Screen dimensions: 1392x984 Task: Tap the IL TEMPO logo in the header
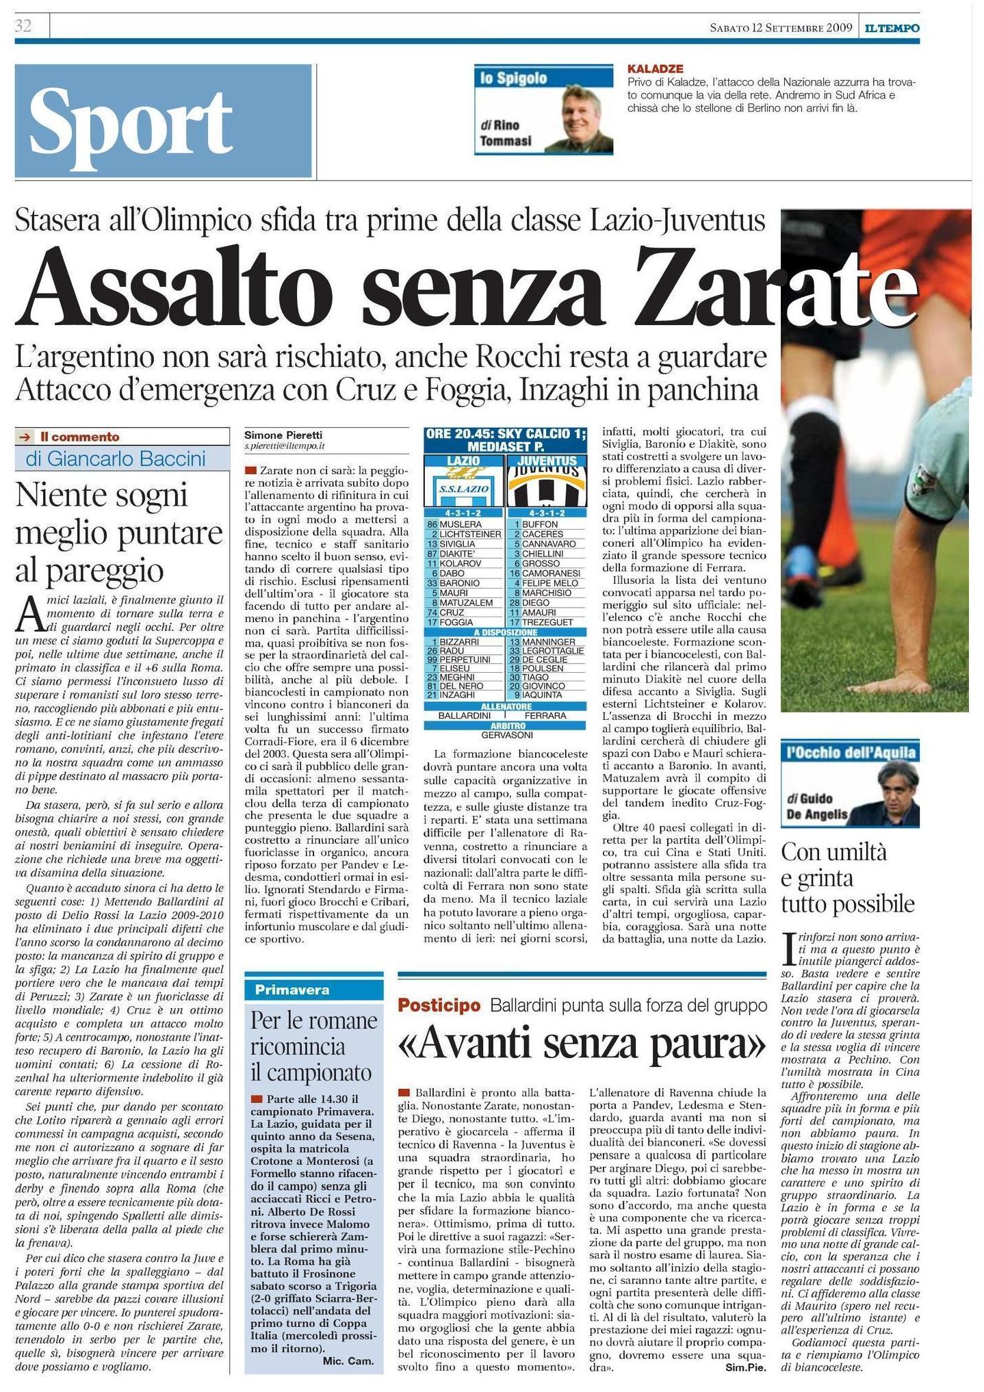tap(891, 28)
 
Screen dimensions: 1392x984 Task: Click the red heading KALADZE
tap(655, 69)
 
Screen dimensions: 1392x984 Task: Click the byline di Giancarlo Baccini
tap(116, 459)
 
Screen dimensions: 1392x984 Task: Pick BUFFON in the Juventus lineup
tap(540, 524)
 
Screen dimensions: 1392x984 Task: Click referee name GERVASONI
tap(506, 734)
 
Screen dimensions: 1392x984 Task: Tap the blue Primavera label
tap(292, 990)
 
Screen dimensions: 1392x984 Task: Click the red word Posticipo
tap(439, 1005)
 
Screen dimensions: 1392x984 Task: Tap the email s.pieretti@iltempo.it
tap(285, 446)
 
